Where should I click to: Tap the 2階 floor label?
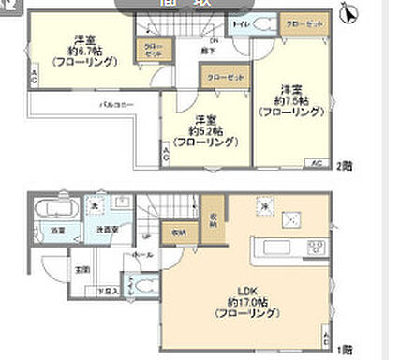coord(342,165)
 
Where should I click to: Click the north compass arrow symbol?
coord(350,14)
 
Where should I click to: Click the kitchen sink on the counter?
coord(278,247)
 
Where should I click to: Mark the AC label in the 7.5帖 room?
coord(316,163)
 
